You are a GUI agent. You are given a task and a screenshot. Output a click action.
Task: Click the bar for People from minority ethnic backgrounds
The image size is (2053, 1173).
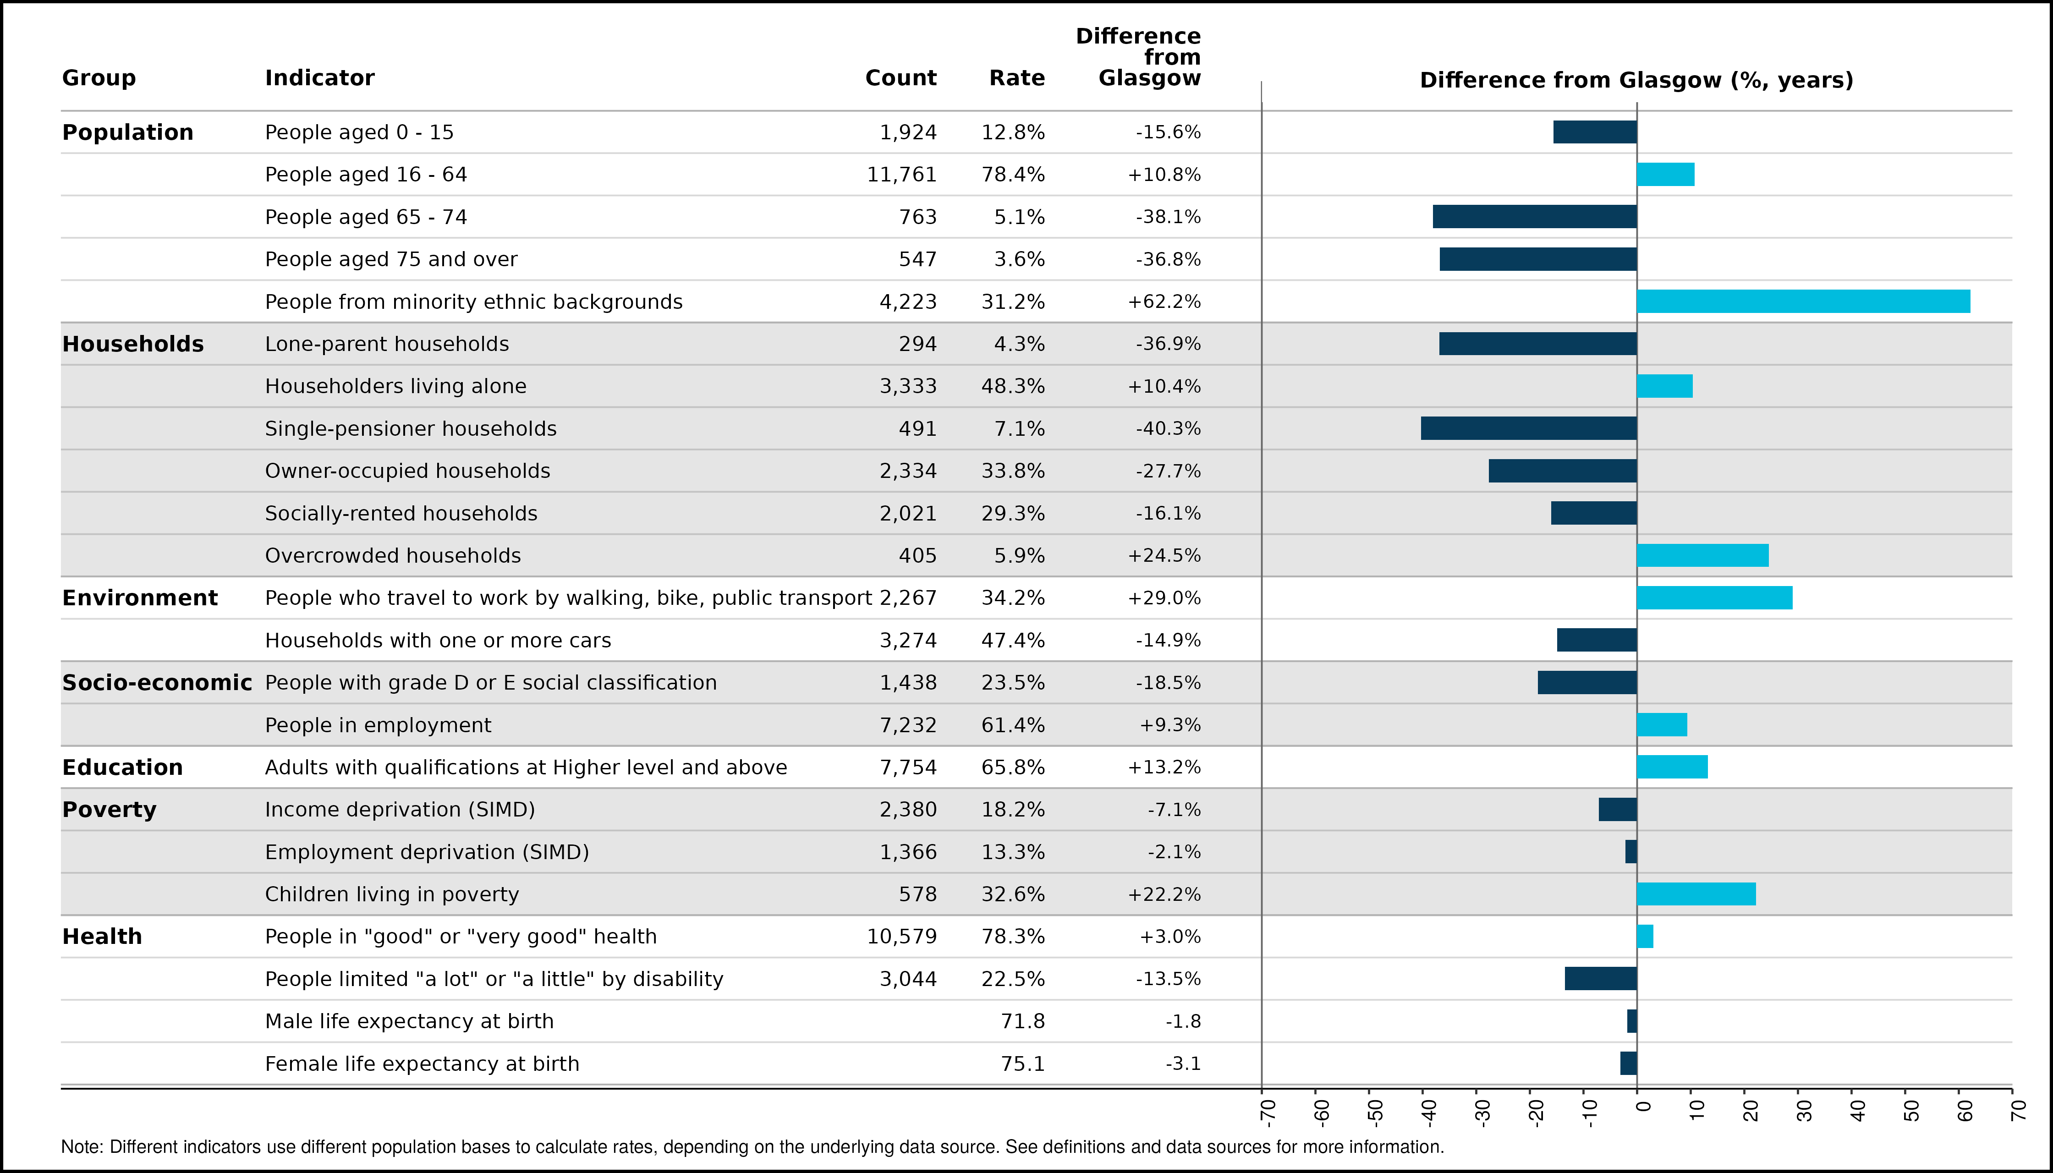pyautogui.click(x=1803, y=301)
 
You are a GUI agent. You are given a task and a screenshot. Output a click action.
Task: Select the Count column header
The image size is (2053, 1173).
pyautogui.click(x=901, y=78)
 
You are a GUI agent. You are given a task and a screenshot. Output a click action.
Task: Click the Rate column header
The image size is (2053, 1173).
pyautogui.click(x=1017, y=78)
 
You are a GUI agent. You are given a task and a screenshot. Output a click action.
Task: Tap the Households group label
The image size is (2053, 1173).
pyautogui.click(x=133, y=344)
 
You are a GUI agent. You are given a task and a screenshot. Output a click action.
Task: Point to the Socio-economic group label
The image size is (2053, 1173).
pyautogui.click(x=157, y=682)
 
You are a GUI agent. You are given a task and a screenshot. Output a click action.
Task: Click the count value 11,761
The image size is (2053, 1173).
pyautogui.click(x=901, y=175)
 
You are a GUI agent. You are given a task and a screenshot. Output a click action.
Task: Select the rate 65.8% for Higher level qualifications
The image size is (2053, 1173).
pyautogui.click(x=1013, y=767)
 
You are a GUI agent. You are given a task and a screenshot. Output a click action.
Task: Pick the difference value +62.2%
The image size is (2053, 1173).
pyautogui.click(x=1164, y=302)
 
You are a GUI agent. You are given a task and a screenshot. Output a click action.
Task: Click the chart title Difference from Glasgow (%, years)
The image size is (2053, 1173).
pyautogui.click(x=1636, y=81)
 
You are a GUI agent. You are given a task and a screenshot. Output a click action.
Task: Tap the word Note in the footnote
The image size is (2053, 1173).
pyautogui.click(x=79, y=1146)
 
